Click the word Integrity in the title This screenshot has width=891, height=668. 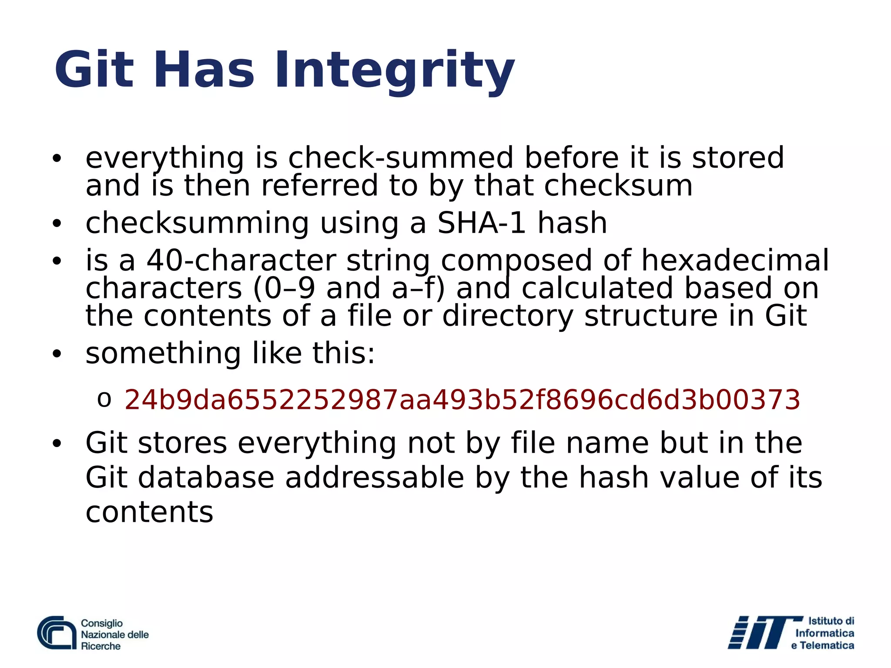(394, 70)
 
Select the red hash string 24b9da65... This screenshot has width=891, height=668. (462, 400)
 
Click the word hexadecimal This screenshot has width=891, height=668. (735, 261)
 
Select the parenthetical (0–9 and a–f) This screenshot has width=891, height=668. (349, 288)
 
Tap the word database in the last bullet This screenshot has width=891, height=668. (215, 478)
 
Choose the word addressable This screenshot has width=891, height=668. (375, 478)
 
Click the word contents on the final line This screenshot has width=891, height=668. (149, 512)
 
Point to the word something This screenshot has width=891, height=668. (163, 353)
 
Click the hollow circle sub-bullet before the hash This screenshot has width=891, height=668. (104, 400)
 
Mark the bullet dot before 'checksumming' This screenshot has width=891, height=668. (57, 224)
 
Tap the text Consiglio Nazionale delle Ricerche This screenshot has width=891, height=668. (114, 635)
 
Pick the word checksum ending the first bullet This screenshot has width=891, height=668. (618, 186)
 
